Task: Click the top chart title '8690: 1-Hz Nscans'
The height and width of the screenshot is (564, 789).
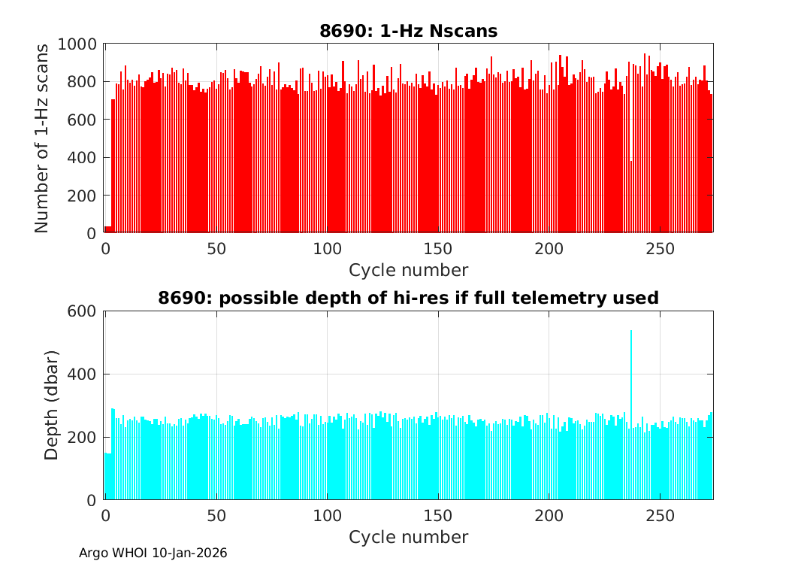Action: click(x=409, y=31)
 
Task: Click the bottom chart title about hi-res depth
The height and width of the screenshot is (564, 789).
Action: click(x=409, y=298)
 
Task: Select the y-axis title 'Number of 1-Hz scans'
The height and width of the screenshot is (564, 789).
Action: click(x=42, y=138)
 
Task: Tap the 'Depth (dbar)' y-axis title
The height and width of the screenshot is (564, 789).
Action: click(x=52, y=405)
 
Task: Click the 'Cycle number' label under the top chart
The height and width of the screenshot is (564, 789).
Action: click(x=409, y=270)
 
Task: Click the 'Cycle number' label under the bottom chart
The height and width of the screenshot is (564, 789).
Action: click(x=409, y=537)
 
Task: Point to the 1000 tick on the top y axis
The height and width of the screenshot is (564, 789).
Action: click(x=81, y=44)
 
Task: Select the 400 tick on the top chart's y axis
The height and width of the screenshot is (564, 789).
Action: click(x=85, y=158)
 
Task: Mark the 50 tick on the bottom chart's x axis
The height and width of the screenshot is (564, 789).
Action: click(x=216, y=516)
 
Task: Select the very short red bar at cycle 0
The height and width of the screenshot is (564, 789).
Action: click(x=107, y=229)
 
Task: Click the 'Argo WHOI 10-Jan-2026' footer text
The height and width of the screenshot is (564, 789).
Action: click(x=153, y=553)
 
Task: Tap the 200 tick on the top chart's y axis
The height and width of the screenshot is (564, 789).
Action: click(x=85, y=196)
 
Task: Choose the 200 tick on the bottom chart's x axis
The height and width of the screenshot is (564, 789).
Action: click(x=549, y=516)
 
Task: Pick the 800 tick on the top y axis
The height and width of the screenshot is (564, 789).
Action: click(x=85, y=82)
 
